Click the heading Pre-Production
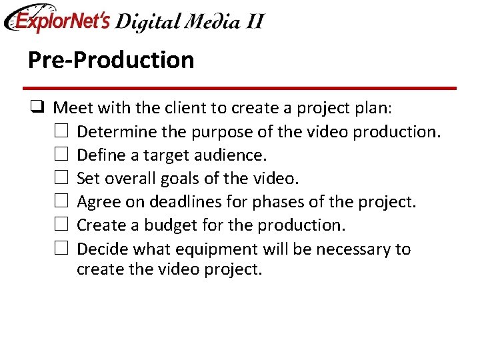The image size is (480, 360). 111,60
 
